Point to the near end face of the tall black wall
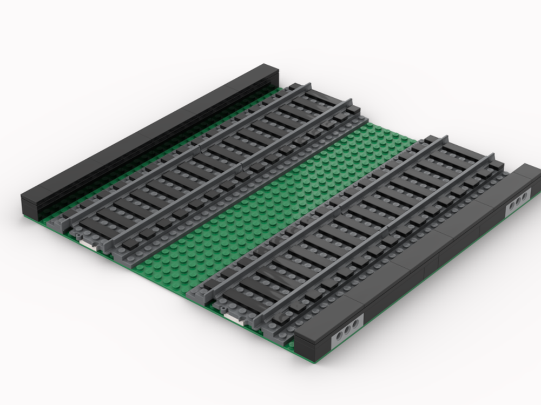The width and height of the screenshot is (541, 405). point(31,205)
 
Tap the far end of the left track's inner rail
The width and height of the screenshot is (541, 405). point(349,101)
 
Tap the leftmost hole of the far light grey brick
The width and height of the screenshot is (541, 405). point(510,207)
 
